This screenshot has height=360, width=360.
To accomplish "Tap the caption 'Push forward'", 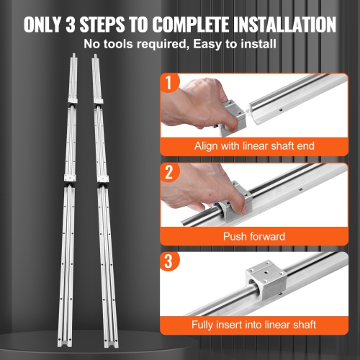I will point(255,236).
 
